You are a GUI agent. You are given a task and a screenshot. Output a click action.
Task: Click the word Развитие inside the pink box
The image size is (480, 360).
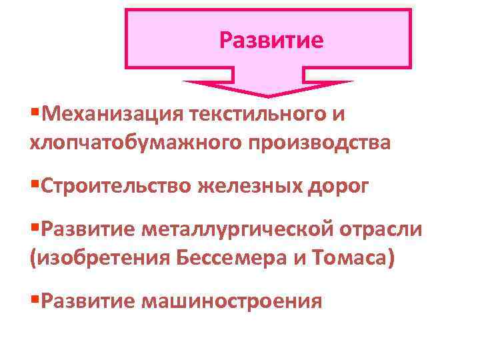(271, 41)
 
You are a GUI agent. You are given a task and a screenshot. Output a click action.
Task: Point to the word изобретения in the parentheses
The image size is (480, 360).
(100, 257)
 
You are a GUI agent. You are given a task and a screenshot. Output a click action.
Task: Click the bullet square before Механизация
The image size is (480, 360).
(35, 113)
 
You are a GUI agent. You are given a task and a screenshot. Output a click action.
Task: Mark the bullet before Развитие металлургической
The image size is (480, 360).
(35, 229)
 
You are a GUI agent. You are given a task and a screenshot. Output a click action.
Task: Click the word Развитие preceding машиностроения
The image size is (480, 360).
(87, 301)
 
